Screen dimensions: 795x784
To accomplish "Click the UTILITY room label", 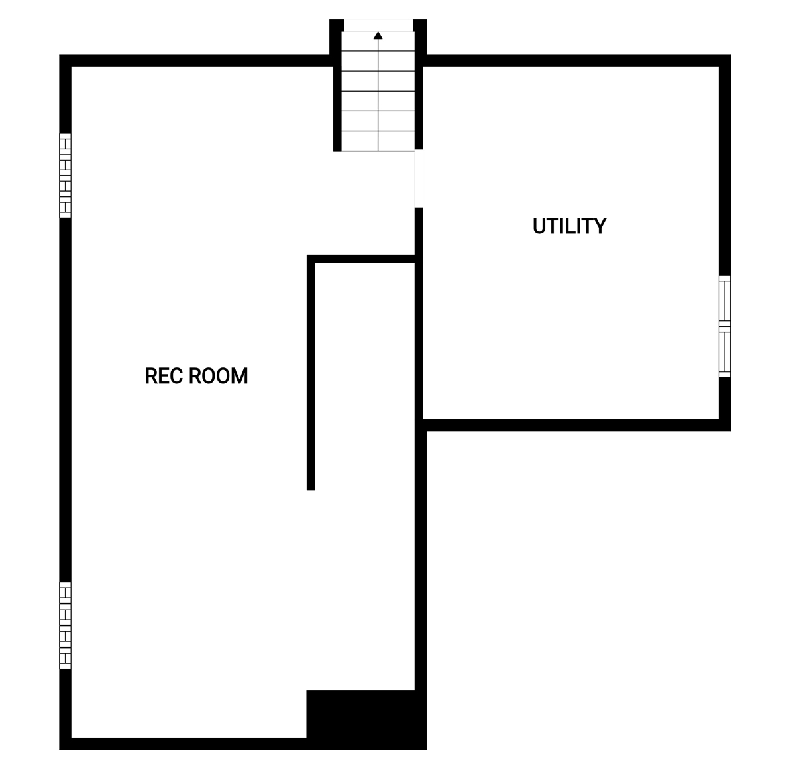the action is [569, 226].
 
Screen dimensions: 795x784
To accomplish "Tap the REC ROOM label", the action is [196, 376].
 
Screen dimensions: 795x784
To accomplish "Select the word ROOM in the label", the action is [218, 376].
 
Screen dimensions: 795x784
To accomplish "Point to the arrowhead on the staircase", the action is [378, 36].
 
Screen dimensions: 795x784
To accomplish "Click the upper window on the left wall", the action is [65, 176].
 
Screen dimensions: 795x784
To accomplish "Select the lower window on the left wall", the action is [65, 625].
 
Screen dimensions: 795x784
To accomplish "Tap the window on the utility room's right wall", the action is [725, 326].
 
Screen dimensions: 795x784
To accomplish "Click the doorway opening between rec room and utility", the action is [418, 178].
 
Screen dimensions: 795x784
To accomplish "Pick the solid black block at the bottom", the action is [366, 720].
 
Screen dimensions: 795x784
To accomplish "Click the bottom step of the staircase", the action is [378, 141].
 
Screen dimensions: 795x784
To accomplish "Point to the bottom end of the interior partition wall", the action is [311, 490].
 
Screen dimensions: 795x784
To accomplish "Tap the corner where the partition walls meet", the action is [311, 259].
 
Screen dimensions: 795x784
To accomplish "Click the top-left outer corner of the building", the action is [60, 55].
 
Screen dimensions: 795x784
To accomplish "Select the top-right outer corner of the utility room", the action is [731, 55].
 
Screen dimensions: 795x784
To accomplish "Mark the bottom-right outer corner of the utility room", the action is [731, 431].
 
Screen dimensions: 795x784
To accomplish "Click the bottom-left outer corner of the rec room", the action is [60, 750].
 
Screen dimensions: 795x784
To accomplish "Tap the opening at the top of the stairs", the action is [378, 25].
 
